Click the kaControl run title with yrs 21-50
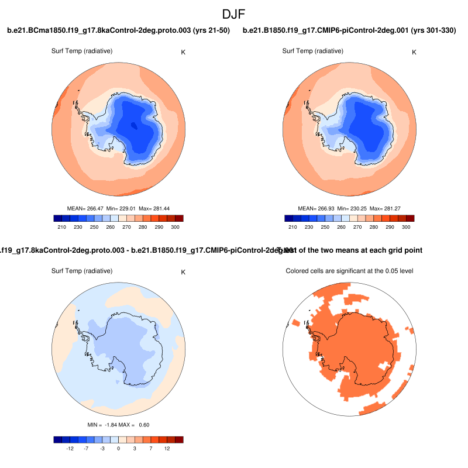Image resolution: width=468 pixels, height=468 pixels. pyautogui.click(x=118, y=30)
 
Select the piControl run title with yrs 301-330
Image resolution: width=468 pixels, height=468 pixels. pyautogui.click(x=349, y=30)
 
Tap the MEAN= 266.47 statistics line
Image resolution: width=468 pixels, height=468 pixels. pyautogui.click(x=118, y=208)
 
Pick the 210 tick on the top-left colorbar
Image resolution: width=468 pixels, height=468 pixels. pyautogui.click(x=61, y=226)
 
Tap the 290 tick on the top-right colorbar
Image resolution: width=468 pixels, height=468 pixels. pyautogui.click(x=389, y=226)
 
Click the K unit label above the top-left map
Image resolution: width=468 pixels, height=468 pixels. pyautogui.click(x=184, y=52)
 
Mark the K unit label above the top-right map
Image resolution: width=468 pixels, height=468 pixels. pyautogui.click(x=414, y=52)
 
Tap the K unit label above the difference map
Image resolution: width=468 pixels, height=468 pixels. pyautogui.click(x=183, y=272)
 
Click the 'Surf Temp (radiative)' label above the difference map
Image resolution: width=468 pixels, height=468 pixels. pyautogui.click(x=82, y=271)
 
